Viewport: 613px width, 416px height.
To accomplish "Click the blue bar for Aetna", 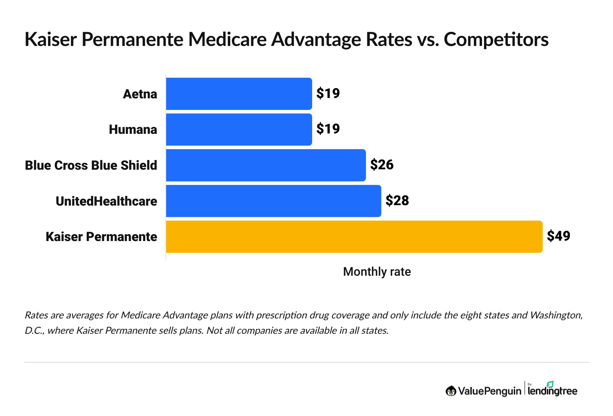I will pos(239,94).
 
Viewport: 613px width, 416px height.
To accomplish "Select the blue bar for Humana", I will pos(239,129).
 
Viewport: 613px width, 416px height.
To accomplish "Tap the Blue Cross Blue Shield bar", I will pos(266,165).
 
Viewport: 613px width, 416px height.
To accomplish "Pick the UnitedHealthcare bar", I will pos(273,201).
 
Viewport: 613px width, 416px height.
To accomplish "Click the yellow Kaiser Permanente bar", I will pos(354,237).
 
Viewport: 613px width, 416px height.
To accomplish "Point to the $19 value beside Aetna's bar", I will pos(328,94).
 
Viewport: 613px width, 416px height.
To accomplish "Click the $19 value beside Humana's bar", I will pos(328,129).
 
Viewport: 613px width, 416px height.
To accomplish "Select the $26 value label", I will pos(382,165).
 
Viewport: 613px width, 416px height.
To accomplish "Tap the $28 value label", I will pos(397,200).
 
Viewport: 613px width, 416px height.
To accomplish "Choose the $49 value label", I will pos(558,236).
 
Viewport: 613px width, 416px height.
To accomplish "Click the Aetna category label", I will pos(140,94).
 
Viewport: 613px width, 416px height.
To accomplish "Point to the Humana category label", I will pos(133,130).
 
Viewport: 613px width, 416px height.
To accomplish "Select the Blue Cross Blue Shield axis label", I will pos(91,165).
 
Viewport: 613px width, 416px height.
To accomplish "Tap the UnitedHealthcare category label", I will pos(106,201).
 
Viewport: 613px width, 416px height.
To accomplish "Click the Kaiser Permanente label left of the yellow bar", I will pos(101,237).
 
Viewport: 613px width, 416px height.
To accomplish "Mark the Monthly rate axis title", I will pos(377,272).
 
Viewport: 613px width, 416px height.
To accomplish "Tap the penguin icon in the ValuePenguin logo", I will pos(451,391).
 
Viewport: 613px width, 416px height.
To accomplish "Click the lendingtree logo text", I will pos(552,391).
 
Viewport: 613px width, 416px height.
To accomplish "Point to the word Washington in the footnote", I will pos(556,315).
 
